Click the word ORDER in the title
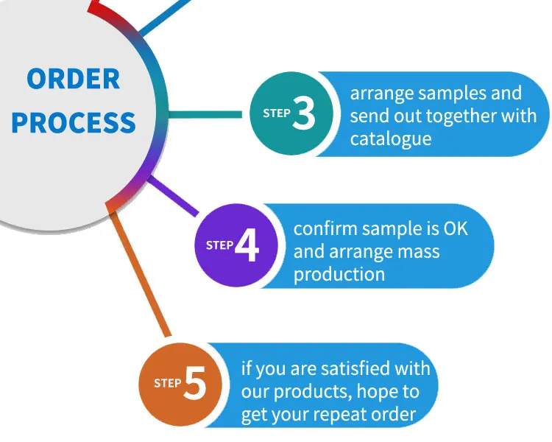[73, 79]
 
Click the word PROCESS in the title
[74, 122]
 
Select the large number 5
[194, 385]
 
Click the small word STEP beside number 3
[277, 113]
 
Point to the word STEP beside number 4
[219, 245]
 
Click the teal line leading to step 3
[206, 114]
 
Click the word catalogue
[390, 138]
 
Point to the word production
[339, 274]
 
